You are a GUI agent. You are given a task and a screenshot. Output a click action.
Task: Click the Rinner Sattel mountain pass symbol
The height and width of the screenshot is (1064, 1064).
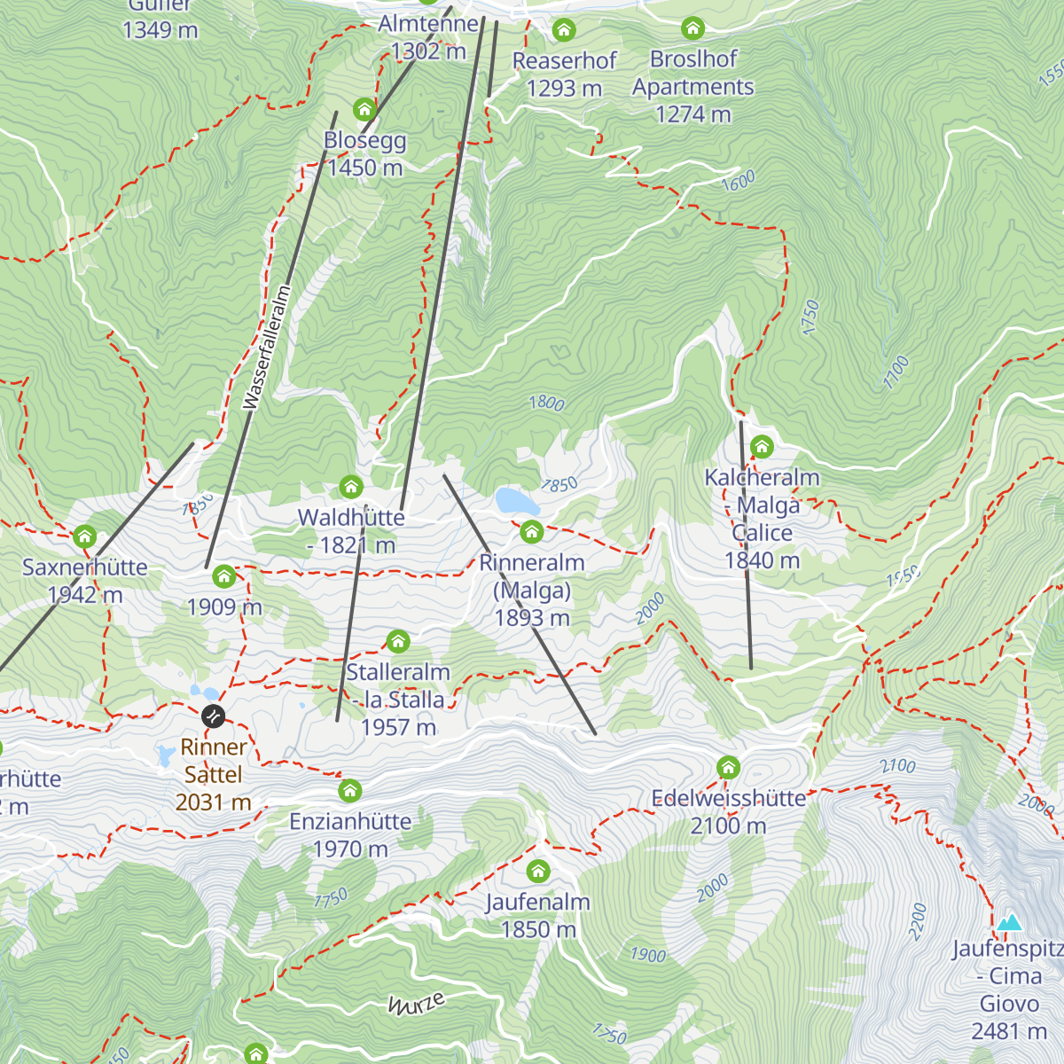click(x=213, y=715)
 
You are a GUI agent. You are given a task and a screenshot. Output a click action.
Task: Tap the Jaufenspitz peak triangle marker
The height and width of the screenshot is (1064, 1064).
click(x=1009, y=923)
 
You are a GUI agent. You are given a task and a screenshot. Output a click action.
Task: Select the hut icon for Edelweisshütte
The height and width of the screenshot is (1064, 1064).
click(x=728, y=766)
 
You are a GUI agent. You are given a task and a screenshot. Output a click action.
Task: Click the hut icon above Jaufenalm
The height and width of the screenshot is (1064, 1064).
click(x=538, y=870)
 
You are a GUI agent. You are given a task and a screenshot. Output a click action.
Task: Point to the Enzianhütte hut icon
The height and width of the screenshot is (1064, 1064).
click(x=350, y=789)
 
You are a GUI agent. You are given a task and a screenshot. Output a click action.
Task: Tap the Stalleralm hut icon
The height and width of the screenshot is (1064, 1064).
click(x=398, y=640)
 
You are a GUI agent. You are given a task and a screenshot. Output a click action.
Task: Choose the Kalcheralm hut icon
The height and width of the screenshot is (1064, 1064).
click(x=762, y=446)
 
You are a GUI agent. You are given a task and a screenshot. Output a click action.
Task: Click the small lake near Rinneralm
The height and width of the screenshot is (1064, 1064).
click(x=517, y=501)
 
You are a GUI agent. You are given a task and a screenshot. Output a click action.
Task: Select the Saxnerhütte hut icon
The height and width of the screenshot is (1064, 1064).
click(x=84, y=536)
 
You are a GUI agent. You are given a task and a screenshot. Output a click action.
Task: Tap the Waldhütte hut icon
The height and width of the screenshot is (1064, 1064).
click(x=351, y=486)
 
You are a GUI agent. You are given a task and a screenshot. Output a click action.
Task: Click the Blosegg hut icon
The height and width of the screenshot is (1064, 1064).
click(x=364, y=109)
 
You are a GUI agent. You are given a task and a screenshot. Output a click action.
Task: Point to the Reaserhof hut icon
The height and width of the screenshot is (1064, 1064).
click(x=564, y=30)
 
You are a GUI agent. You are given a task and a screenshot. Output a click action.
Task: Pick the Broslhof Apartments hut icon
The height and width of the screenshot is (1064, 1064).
click(x=692, y=28)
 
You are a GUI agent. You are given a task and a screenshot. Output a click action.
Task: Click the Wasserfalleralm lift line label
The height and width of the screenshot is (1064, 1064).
click(x=267, y=348)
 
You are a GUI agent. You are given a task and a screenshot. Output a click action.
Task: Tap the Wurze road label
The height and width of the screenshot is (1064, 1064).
click(x=416, y=1004)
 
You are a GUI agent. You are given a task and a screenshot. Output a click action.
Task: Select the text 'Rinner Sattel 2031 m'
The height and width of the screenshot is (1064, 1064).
click(x=213, y=774)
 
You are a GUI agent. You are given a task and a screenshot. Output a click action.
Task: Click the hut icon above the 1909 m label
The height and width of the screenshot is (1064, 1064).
click(x=223, y=576)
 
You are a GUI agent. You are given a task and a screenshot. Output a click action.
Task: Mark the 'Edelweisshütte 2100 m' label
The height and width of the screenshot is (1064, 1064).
click(x=728, y=811)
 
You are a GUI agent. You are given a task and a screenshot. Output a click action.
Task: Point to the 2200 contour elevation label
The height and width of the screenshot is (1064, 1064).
click(x=918, y=921)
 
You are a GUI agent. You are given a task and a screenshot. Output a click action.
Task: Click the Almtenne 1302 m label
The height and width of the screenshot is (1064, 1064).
click(x=428, y=37)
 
